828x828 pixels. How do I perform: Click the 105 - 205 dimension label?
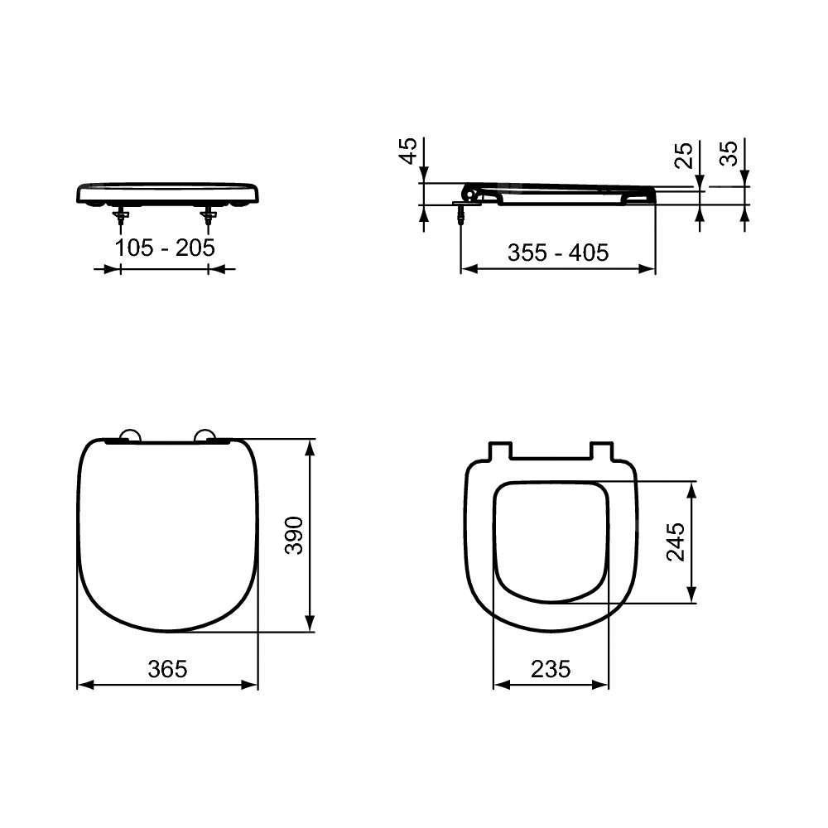165,248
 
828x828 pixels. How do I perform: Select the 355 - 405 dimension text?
558,253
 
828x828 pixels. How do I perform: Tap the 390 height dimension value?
294,536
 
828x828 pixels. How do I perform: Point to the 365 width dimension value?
168,669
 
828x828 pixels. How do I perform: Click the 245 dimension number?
676,542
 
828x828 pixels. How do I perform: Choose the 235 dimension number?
551,669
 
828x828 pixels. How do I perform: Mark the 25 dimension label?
685,155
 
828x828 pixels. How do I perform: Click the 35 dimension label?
729,153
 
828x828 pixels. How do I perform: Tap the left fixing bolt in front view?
122,218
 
